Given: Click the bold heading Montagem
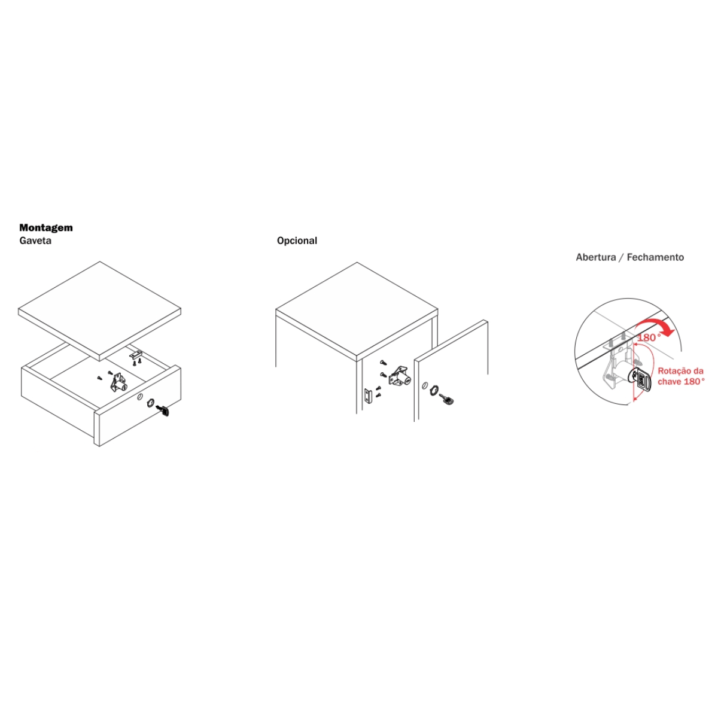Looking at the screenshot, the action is [46, 227].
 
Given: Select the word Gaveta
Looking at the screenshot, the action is [35, 241].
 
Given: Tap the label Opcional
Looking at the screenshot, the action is [297, 241].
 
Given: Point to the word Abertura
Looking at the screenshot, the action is [595, 257].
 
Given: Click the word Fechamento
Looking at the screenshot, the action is [655, 257].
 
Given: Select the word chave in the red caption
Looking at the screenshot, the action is [669, 382].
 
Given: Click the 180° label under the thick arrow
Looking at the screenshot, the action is [649, 337].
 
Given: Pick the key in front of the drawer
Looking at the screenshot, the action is [163, 410].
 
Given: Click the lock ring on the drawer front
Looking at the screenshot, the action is [151, 403].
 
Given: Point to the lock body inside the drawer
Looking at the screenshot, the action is [119, 382].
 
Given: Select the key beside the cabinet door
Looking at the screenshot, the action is [447, 400].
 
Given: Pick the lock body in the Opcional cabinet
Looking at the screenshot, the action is [400, 378].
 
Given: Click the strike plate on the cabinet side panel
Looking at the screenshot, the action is [368, 396].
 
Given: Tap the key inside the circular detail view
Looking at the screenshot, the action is [641, 381].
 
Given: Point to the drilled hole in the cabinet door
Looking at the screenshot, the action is [424, 385].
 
